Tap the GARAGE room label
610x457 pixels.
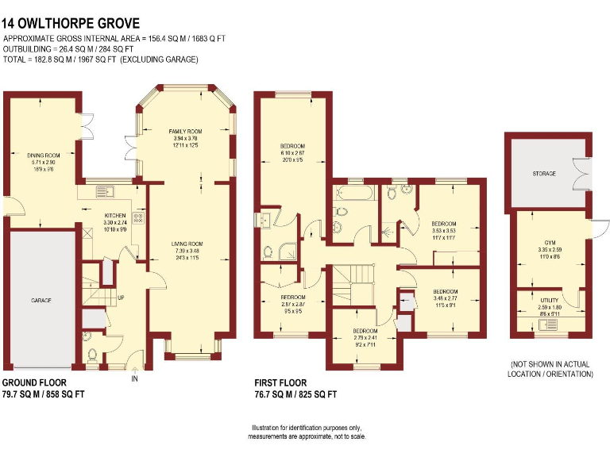click(41, 301)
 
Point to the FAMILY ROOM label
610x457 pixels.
click(185, 131)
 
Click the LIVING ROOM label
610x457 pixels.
click(186, 244)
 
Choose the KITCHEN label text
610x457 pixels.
click(115, 215)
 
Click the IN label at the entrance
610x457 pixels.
click(134, 379)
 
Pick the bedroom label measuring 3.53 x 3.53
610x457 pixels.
click(444, 224)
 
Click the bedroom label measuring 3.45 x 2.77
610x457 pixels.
click(446, 291)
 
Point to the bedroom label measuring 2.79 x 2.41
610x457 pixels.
click(365, 330)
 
